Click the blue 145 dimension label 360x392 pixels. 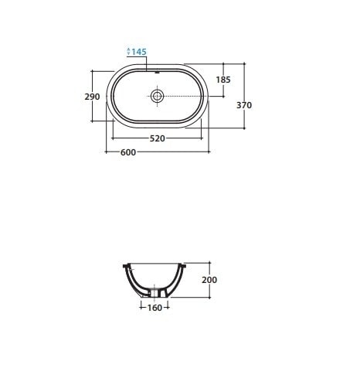139,52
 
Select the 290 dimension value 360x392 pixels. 92,97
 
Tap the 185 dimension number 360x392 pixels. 223,80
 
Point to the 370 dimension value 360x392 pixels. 244,105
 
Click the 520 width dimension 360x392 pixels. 157,138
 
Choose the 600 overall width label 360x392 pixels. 128,152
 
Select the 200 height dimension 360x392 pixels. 209,280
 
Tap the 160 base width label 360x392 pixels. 155,308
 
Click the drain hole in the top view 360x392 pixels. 157,96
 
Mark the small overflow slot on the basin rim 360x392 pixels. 158,73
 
